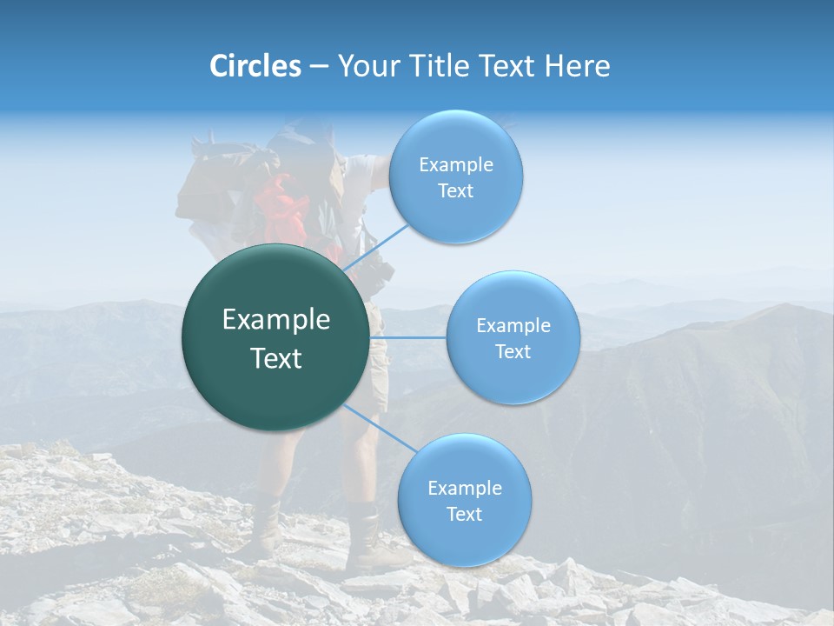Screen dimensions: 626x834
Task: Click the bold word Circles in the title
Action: point(255,66)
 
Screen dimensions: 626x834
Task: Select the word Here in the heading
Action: point(577,66)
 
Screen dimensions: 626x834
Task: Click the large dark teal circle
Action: point(275,337)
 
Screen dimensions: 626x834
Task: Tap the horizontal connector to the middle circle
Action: point(407,337)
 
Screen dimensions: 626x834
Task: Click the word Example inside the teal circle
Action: point(275,320)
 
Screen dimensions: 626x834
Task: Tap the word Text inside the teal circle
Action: point(275,358)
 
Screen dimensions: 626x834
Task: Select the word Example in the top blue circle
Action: point(455,165)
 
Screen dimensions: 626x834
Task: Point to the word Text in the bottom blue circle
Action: point(464,514)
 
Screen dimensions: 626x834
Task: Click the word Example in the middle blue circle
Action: point(513,326)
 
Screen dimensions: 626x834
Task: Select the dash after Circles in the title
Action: point(319,67)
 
